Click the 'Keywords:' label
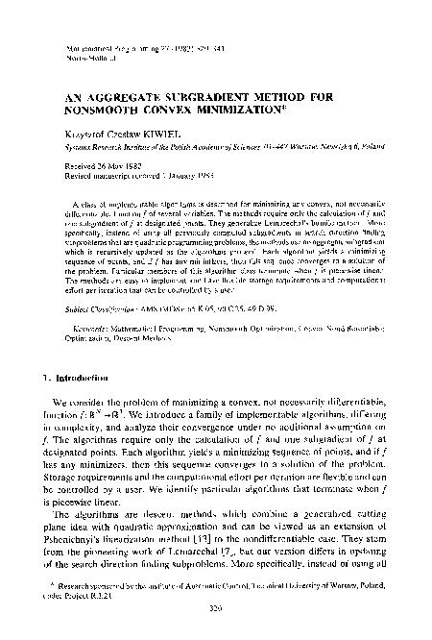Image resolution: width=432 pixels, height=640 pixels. (x=94, y=300)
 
